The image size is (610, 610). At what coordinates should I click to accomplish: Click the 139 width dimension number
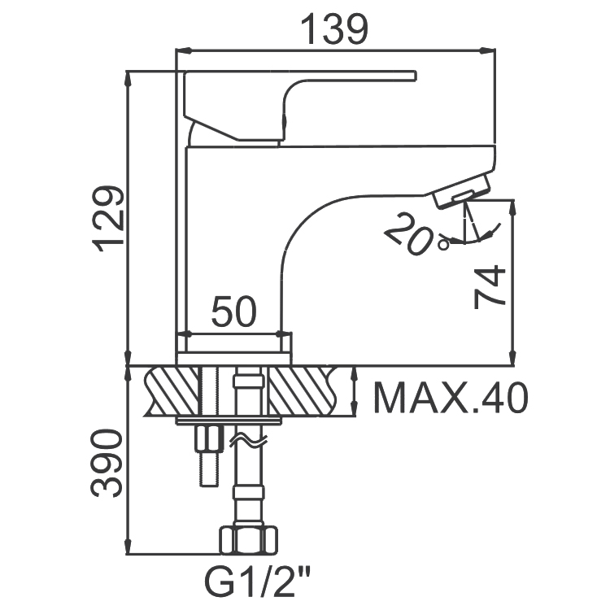point(334,30)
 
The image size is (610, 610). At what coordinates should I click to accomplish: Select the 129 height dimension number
point(107,219)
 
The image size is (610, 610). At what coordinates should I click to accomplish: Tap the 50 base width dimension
point(234,312)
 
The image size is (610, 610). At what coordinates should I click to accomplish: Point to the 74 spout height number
point(490,287)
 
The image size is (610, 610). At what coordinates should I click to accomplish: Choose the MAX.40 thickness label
point(451,398)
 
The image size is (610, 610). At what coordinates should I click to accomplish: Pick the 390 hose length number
point(107,463)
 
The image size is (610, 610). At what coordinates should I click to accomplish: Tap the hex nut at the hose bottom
point(249,540)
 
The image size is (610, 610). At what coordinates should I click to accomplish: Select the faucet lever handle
point(299,105)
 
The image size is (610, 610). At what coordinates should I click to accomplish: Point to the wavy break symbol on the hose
point(249,441)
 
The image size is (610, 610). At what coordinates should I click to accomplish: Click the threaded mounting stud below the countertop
point(209,455)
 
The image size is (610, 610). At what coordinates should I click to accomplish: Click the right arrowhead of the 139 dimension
point(489,50)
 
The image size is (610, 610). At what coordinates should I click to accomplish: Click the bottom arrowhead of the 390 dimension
point(128,546)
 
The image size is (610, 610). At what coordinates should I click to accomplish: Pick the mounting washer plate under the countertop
point(229,421)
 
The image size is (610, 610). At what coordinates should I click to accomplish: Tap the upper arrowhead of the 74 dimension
point(513,208)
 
